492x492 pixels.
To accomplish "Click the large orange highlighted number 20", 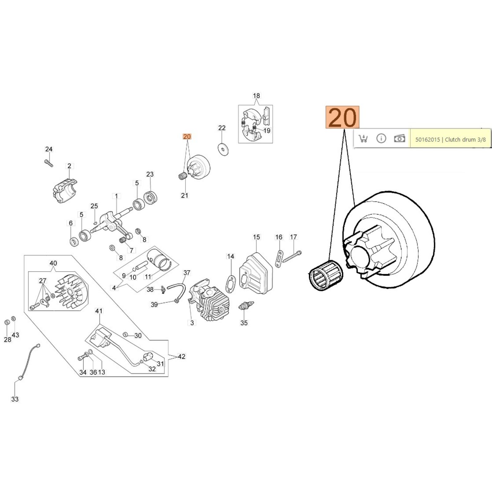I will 342,117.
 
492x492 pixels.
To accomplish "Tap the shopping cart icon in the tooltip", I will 363,138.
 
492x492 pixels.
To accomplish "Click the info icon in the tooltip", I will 381,138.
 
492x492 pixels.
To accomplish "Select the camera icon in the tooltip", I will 399,138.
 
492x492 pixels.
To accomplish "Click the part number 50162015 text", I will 427,140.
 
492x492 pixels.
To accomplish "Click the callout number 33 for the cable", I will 15,399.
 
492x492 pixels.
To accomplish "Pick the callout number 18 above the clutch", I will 256,96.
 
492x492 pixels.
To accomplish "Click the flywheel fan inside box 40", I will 71,291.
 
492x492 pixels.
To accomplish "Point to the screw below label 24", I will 49,163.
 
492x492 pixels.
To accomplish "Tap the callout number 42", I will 182,356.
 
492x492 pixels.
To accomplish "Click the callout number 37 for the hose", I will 187,273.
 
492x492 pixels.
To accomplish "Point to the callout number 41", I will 98,311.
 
